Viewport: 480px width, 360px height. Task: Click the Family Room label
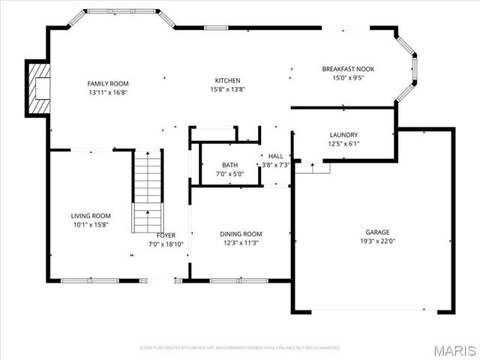tap(108, 83)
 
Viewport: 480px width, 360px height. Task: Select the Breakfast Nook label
tap(348, 68)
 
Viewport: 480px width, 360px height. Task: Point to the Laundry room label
tap(343, 135)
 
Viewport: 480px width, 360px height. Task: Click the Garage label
tap(377, 232)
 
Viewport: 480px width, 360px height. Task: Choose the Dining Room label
tap(241, 234)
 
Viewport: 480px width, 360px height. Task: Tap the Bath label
tap(229, 165)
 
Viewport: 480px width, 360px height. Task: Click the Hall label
tap(275, 156)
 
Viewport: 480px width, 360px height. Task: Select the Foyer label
tap(166, 235)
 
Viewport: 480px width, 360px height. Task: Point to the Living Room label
tap(91, 216)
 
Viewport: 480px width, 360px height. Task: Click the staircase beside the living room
tap(148, 191)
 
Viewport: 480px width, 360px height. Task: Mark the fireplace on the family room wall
tap(37, 88)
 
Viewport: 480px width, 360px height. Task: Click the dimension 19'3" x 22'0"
tap(377, 241)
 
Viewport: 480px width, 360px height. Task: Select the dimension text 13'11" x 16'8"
tap(108, 91)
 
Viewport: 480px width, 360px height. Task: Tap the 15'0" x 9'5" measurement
tap(348, 76)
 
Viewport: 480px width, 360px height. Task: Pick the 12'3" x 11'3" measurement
tap(241, 243)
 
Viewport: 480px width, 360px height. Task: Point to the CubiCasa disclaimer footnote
tap(240, 348)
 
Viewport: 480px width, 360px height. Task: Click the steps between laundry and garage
tap(312, 167)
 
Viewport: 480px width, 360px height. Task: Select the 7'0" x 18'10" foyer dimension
tap(166, 244)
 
